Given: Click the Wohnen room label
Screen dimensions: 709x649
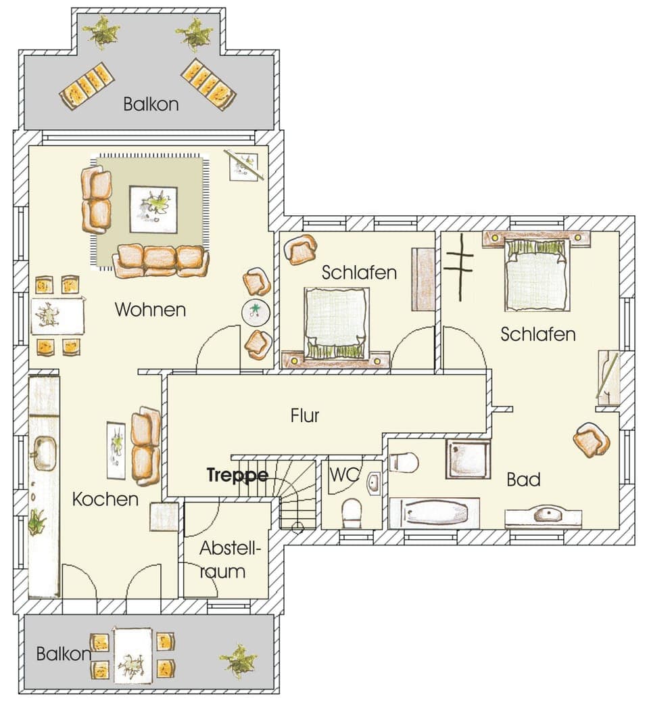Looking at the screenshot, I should [x=150, y=310].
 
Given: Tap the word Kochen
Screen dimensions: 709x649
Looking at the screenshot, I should [x=105, y=499].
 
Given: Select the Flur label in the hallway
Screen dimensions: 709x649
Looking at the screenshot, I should [x=305, y=415].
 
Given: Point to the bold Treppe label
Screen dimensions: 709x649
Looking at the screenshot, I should [x=237, y=475].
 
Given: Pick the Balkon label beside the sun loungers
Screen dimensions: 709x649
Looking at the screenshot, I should [x=151, y=104].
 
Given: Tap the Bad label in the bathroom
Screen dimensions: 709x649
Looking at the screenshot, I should [x=524, y=480].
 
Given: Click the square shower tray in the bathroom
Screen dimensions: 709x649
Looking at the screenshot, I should [x=467, y=459].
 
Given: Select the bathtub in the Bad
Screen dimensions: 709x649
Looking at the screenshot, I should [x=435, y=513].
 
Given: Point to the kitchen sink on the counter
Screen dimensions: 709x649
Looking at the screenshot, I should [x=45, y=453].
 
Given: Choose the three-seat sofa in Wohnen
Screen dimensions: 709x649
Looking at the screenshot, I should [x=160, y=260].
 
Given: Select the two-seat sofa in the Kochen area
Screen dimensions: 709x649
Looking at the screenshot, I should [x=145, y=446].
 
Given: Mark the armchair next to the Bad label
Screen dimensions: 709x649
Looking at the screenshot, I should [x=592, y=440].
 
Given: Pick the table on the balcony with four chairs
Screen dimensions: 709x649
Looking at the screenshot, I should [x=132, y=655].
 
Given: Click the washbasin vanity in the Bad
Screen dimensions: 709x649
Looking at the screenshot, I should [x=543, y=516].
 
